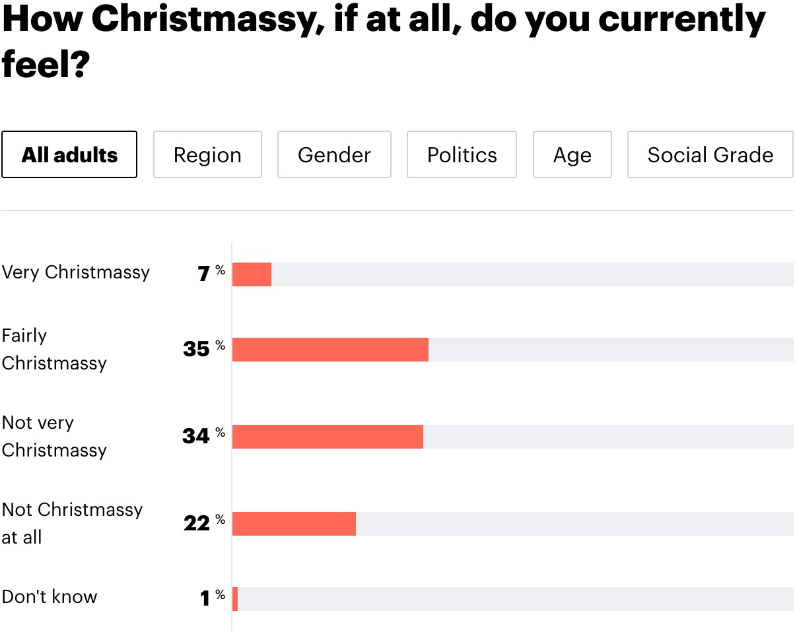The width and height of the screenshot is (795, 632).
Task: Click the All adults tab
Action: pyautogui.click(x=69, y=155)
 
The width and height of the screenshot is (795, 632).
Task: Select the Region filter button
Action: pyautogui.click(x=207, y=155)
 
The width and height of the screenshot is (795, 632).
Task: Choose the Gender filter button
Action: pyautogui.click(x=334, y=155)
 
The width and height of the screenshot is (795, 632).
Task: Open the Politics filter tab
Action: pyautogui.click(x=462, y=155)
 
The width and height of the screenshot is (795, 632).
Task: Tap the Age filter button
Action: pyautogui.click(x=572, y=155)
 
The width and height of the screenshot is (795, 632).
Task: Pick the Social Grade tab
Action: pyautogui.click(x=710, y=155)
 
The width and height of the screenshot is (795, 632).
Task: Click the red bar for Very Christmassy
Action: pyautogui.click(x=252, y=274)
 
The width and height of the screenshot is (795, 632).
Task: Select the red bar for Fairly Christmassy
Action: pyautogui.click(x=330, y=350)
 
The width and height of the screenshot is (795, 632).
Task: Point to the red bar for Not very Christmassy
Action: pyautogui.click(x=328, y=437)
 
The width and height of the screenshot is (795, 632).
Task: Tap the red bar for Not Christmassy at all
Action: pyautogui.click(x=294, y=524)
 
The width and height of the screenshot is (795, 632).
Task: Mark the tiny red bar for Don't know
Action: pyautogui.click(x=235, y=599)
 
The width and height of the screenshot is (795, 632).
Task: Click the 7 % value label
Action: pyautogui.click(x=211, y=273)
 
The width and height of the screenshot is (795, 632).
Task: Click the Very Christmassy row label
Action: pyautogui.click(x=76, y=272)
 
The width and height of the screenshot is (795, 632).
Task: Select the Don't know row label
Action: pyautogui.click(x=50, y=597)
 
